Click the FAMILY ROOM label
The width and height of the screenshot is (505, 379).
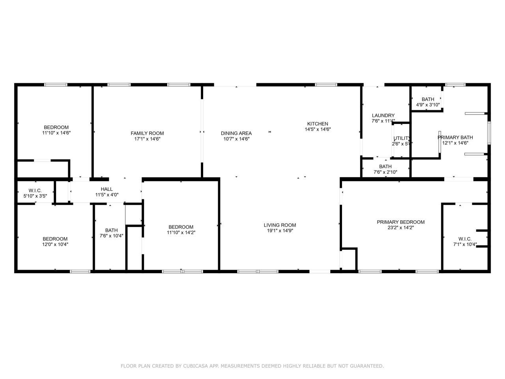tap(147, 133)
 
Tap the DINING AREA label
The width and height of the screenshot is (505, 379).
tap(236, 133)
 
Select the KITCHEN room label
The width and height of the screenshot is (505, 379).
tap(318, 124)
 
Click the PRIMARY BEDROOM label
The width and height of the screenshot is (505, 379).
tap(400, 222)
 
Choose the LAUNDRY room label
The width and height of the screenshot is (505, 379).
tap(383, 116)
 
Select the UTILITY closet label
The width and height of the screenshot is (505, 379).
tap(402, 138)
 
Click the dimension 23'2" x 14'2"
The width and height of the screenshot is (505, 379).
tap(400, 228)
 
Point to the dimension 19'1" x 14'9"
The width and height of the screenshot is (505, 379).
tap(280, 231)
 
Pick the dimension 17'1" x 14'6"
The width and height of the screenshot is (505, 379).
tap(147, 139)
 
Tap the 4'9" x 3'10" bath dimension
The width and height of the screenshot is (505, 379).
tap(428, 105)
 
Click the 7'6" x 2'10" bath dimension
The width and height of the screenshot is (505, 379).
tap(385, 172)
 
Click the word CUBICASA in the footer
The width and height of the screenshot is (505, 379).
tap(195, 366)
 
